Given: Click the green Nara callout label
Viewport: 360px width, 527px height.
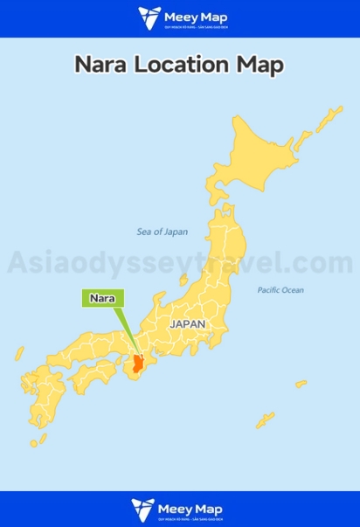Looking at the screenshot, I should (103, 297).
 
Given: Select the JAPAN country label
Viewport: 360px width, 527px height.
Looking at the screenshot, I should (188, 323).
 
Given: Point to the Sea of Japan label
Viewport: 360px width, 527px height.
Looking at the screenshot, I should (163, 232).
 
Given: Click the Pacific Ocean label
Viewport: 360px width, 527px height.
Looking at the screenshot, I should (280, 289).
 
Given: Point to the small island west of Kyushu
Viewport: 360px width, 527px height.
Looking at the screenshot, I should (18, 353).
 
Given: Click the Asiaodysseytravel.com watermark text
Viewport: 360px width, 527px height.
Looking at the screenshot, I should (180, 261).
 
